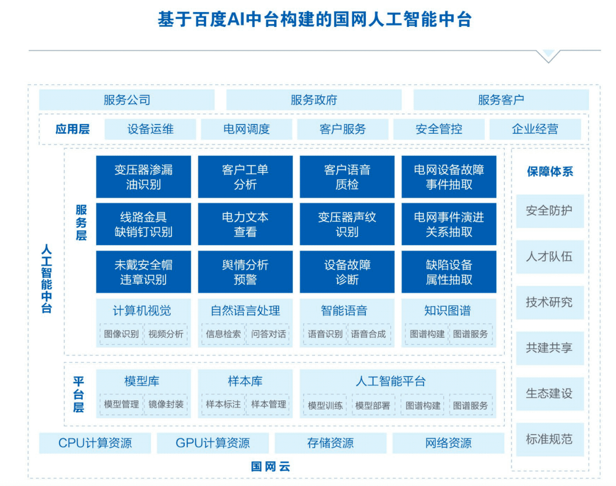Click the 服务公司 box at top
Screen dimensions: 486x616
pos(127,100)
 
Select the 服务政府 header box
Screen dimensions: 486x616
pos(314,100)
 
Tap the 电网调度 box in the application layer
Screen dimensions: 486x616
pos(246,129)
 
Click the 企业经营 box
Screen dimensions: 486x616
pos(535,129)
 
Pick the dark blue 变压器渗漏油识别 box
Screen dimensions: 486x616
pos(143,177)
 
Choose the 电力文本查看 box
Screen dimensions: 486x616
pos(245,224)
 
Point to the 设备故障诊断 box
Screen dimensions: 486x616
pos(347,272)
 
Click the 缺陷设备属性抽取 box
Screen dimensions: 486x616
pos(449,272)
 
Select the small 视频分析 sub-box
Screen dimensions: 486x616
pos(166,334)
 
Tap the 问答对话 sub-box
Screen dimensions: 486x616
pos(269,334)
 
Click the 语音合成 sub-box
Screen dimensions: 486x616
pos(368,334)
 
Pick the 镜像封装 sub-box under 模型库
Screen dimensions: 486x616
pos(166,404)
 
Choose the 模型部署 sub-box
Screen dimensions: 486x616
pos(372,406)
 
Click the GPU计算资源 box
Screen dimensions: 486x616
pos(213,443)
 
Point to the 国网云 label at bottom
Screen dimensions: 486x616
pos(270,466)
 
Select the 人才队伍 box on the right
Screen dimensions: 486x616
pos(550,256)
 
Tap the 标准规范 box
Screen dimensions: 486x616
pos(550,439)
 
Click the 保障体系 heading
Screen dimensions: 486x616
pos(550,171)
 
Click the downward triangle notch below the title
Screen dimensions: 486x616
pos(548,56)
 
